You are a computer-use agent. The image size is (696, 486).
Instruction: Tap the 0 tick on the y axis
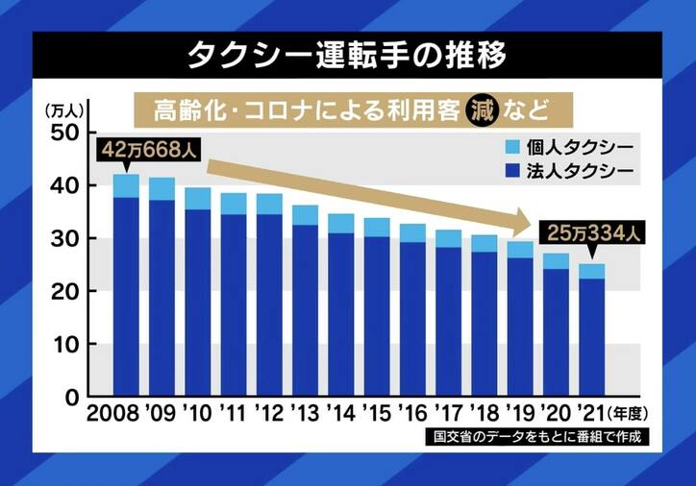coord(69,397)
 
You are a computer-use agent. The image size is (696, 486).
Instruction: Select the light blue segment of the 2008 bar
coord(127,185)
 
